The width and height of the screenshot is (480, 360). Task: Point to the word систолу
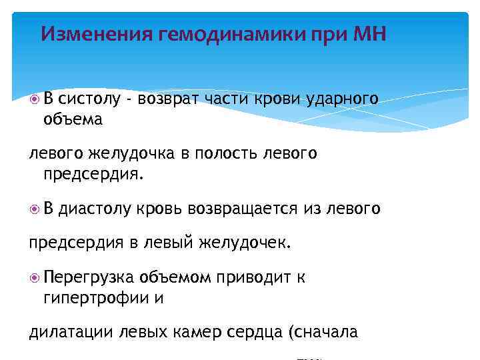coord(89,99)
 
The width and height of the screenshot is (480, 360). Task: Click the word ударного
coord(343,99)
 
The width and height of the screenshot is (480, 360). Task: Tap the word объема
coord(73,119)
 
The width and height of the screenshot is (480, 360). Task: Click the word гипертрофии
coord(97,298)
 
